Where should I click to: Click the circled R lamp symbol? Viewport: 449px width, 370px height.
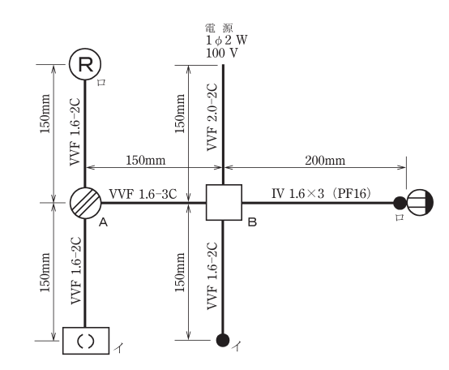coord(85,64)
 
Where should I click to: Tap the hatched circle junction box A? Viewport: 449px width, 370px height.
coord(85,203)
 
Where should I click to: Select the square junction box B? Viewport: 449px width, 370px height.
coord(224,202)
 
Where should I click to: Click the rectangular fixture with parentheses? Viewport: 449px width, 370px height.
coord(86,341)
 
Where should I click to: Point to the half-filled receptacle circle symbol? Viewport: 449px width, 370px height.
coord(420,202)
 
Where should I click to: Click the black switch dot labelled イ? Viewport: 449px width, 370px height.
coord(223,340)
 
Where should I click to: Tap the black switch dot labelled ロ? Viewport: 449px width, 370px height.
coord(400,203)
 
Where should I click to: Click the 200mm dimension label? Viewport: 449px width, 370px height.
coord(325,161)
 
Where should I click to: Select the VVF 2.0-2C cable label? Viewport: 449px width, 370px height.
coord(212,117)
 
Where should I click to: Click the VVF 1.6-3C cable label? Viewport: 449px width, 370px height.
coord(143,194)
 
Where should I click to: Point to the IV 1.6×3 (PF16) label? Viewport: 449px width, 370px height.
coord(321,194)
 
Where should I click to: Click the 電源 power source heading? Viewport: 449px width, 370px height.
coord(220,28)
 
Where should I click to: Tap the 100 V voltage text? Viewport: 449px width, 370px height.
coord(221,53)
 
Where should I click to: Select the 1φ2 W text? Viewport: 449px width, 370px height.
coord(226,41)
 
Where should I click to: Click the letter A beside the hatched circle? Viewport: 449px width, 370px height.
coord(103,222)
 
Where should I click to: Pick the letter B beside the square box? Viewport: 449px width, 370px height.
coord(252,222)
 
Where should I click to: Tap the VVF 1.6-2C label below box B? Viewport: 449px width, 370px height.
coord(212,276)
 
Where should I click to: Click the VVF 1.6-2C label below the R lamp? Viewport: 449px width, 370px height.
coord(75,132)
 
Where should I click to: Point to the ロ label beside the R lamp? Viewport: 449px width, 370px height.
coord(101,83)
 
